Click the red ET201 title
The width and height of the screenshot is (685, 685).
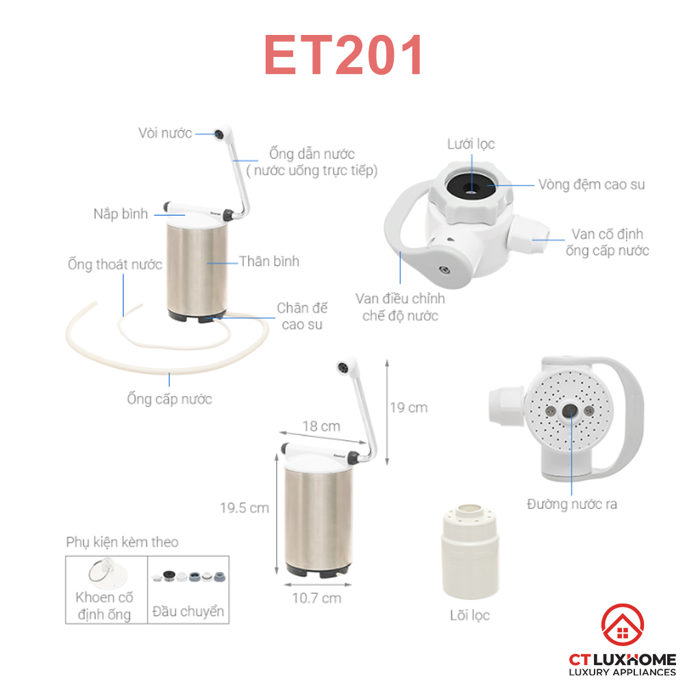coord(343,55)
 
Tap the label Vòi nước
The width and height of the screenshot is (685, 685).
coord(165,133)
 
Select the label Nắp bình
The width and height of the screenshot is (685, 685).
coord(121,214)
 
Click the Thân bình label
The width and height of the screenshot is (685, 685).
coord(269,261)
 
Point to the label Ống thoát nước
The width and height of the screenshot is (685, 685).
coord(115,264)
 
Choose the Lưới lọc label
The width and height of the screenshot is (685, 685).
coord(471,144)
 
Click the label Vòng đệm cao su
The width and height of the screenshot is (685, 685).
coord(591,184)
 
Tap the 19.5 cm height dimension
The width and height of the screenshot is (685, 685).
coord(245,508)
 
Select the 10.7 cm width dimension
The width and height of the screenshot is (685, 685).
coord(316,597)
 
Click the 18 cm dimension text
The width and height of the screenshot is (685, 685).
coord(321,426)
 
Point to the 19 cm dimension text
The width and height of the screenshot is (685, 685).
coord(408,407)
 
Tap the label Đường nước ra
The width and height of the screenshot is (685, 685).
coord(572,503)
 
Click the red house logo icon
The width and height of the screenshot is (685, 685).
coord(623,625)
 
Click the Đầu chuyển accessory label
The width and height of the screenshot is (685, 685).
coord(188,611)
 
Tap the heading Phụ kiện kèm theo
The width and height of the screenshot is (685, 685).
coord(123,542)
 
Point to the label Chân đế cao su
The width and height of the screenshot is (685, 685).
coord(302,316)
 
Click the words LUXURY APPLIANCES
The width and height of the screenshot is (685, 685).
coord(622,672)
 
